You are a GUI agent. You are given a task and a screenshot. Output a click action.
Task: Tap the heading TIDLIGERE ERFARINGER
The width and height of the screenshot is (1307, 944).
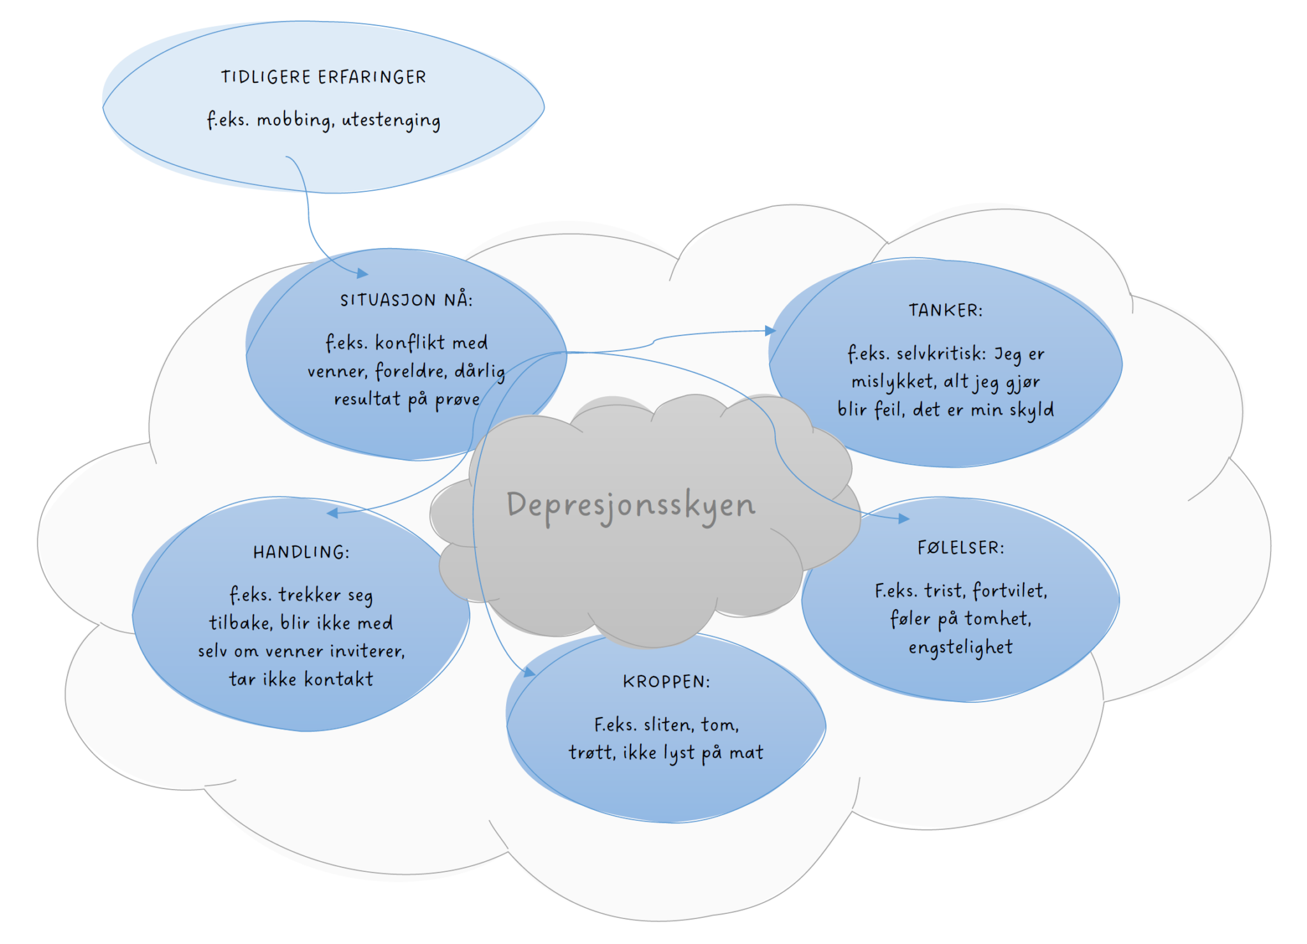(x=324, y=78)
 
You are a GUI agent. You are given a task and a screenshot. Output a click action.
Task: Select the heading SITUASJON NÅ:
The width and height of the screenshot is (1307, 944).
(x=406, y=300)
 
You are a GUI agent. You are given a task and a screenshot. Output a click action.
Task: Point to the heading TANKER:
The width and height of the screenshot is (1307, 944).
(x=945, y=311)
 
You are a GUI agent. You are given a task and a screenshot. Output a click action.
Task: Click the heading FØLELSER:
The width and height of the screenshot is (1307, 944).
(x=960, y=548)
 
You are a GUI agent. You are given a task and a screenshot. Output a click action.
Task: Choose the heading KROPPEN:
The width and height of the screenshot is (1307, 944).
(x=666, y=682)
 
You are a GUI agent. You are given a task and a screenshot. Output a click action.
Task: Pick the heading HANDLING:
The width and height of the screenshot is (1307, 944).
(x=301, y=552)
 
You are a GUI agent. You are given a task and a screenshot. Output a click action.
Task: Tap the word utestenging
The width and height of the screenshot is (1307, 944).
(x=391, y=121)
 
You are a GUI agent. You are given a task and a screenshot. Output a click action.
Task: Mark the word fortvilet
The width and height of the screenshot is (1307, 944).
(x=1010, y=591)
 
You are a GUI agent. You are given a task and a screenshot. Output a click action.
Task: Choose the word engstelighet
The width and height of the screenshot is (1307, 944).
(x=960, y=647)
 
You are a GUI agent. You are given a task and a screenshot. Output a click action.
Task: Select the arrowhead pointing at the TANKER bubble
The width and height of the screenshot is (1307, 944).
(x=771, y=330)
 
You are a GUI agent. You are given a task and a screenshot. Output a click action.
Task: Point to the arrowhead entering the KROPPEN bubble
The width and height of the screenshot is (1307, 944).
(x=529, y=672)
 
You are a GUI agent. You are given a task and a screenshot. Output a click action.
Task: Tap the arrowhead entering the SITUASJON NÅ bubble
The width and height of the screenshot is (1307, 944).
(x=362, y=274)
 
